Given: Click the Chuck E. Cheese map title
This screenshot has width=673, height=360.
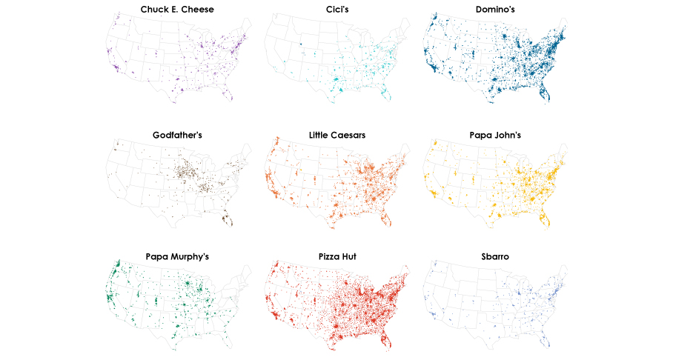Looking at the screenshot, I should (177, 10).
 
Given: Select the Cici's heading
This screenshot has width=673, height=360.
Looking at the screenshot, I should (337, 10).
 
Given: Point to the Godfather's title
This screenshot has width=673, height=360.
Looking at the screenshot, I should (177, 136).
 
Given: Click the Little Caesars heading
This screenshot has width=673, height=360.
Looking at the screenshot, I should (337, 136).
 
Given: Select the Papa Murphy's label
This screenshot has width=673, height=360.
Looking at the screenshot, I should (177, 257).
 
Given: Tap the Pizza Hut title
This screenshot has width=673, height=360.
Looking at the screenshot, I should (337, 257).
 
